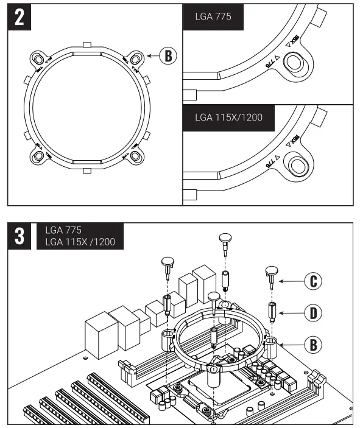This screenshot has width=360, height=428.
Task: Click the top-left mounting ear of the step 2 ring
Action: pos(39,59)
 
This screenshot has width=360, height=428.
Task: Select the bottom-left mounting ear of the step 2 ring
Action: pos(39,156)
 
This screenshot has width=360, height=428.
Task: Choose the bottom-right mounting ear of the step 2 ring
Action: pos(135,156)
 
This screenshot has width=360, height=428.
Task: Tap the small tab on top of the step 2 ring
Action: pos(87,44)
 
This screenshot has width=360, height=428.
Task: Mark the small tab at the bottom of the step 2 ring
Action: pos(87,172)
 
